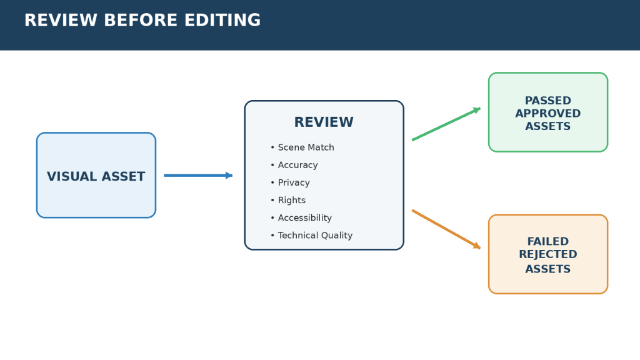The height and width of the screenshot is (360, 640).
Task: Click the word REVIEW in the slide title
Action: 61,21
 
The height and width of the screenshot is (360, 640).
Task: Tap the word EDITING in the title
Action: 222,21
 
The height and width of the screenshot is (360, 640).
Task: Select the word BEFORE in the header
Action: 141,21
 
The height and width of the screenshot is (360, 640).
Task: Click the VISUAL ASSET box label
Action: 96,176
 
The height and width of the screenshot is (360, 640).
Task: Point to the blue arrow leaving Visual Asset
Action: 198,176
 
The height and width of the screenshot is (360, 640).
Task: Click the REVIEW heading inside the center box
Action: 324,122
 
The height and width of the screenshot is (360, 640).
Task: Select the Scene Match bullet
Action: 302,147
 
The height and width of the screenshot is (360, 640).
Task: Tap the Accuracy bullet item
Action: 294,165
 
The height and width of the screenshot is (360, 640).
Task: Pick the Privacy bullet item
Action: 290,182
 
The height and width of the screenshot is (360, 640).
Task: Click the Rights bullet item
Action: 288,200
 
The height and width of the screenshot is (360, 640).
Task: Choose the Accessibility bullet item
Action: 301,217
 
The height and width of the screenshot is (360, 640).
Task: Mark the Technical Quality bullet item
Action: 311,235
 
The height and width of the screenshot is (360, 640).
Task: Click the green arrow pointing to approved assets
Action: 446,124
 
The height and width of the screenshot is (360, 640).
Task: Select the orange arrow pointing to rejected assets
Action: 446,229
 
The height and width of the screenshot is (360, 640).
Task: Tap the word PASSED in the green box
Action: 548,101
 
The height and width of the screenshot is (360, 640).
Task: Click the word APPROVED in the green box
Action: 548,113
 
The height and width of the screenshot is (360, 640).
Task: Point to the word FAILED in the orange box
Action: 548,241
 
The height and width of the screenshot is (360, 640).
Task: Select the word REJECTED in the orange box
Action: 548,254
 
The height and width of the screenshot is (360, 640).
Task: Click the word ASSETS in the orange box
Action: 548,269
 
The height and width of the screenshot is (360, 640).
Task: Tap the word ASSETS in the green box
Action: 548,126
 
